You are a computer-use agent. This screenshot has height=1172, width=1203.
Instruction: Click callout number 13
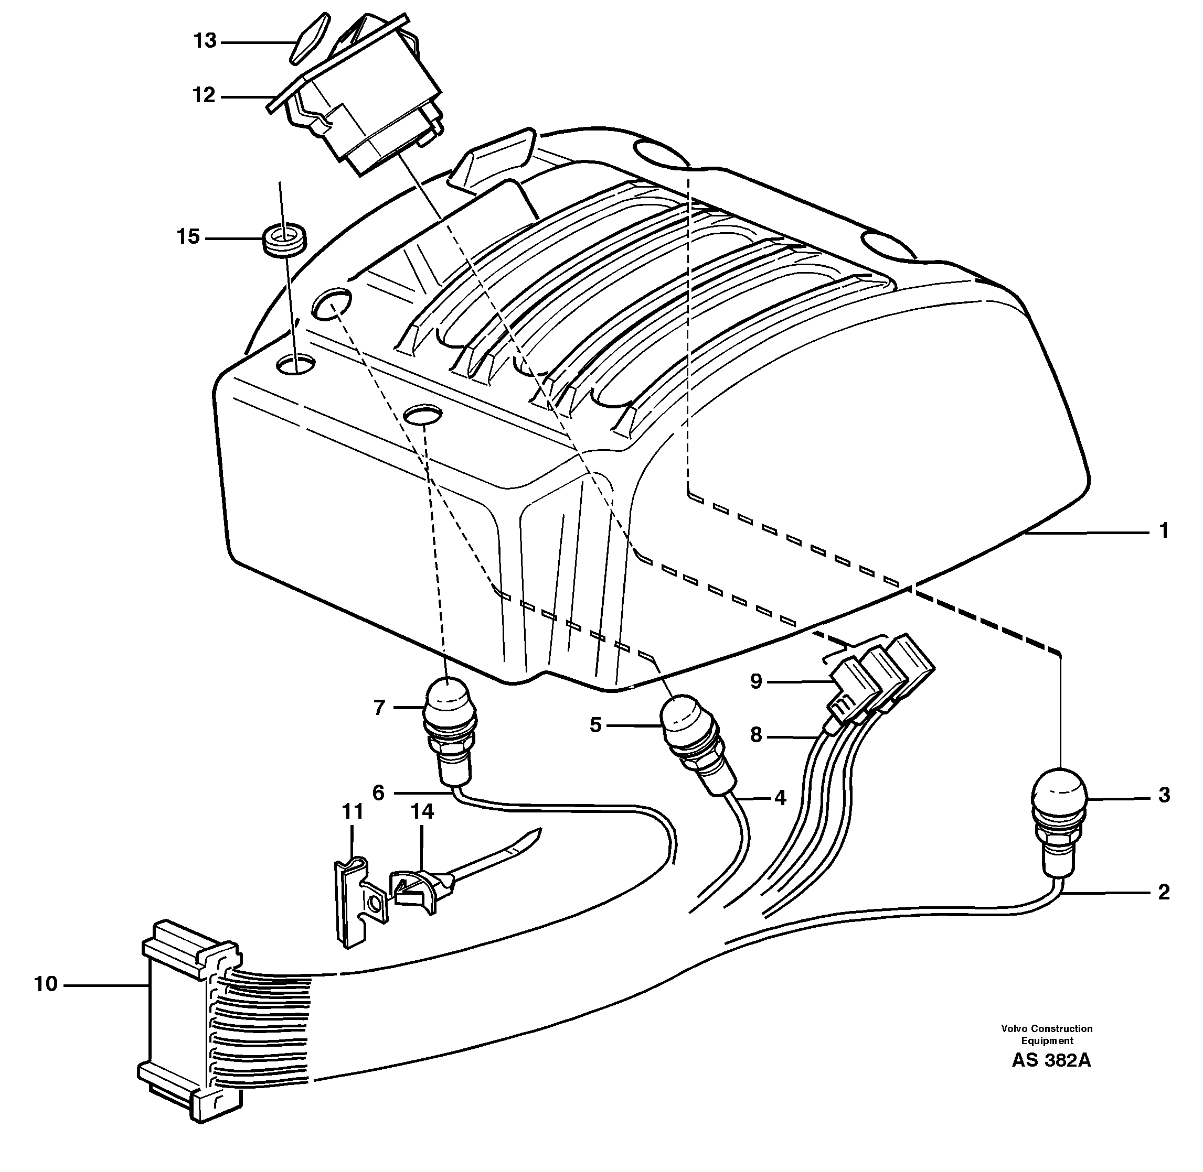205,41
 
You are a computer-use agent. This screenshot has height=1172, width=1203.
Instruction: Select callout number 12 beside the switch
204,95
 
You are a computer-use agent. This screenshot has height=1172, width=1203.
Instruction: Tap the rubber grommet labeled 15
284,240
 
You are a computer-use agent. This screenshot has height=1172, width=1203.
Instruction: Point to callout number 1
1164,530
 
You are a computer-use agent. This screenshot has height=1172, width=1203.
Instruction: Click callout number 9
757,681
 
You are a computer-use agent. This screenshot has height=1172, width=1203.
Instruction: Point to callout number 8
757,734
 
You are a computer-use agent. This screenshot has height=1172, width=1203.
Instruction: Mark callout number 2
1163,892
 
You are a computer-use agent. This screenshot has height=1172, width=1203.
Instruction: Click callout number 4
780,798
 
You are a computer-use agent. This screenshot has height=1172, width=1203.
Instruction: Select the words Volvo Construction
1047,1028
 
